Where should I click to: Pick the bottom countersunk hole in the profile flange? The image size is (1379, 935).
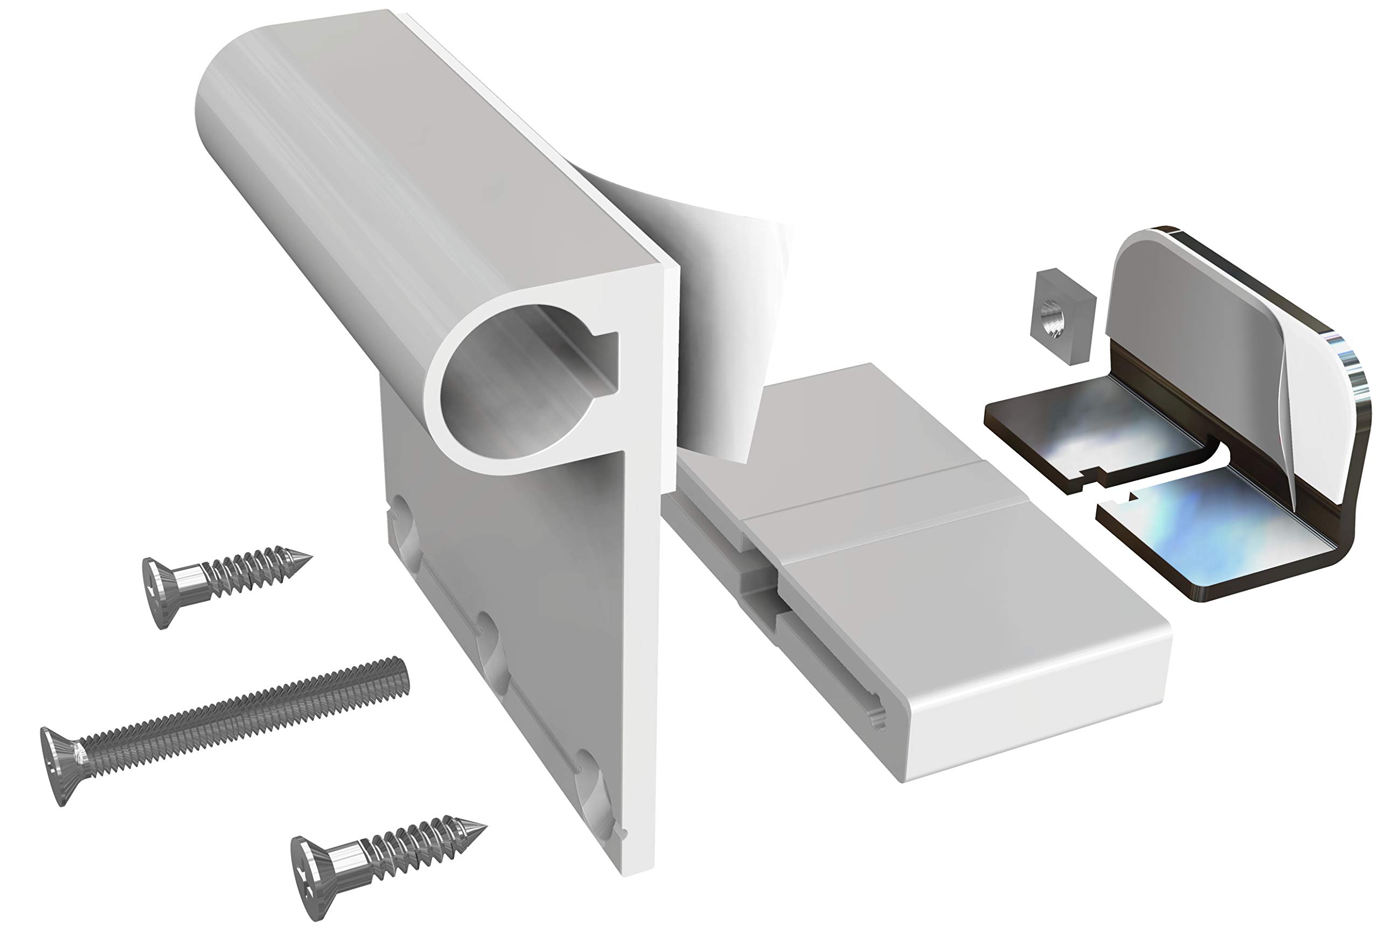point(590,789)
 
